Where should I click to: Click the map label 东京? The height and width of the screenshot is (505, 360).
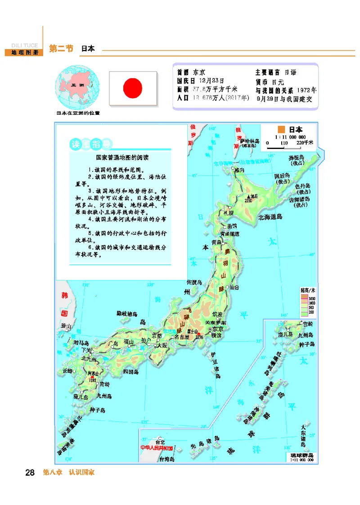pos(218,329)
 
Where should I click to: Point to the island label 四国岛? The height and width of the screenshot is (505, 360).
pos(130,372)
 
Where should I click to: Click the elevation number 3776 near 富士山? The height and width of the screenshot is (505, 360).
pos(200,337)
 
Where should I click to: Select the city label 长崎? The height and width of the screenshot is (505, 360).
pos(67,371)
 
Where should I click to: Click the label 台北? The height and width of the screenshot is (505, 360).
pos(160,442)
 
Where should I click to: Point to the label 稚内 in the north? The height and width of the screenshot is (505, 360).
pos(239,170)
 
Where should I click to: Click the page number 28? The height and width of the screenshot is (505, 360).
pos(30,473)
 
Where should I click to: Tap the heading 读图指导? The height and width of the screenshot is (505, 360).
pos(90,144)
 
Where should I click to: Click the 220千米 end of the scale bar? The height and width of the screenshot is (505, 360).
pos(306,143)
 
